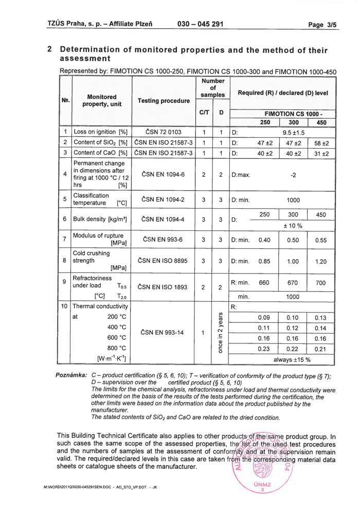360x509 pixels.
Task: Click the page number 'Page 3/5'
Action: [322, 24]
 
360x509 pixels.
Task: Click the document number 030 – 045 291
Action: [200, 24]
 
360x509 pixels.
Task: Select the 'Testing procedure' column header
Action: [164, 101]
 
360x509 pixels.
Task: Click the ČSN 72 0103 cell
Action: [164, 132]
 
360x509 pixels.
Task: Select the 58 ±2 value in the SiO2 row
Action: [321, 142]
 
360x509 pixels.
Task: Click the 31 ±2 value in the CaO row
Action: [321, 153]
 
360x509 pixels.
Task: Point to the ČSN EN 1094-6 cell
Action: [164, 175]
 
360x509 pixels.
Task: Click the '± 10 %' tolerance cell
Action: [293, 226]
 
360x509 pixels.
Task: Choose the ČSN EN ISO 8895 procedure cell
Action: [164, 261]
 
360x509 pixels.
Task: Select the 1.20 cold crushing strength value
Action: [321, 261]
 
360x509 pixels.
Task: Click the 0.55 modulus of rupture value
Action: [321, 240]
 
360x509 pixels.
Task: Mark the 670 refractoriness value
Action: [293, 283]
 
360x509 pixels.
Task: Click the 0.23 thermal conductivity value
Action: [264, 349]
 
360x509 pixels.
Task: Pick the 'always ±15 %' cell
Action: [292, 359]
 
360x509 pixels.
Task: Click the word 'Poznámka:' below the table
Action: [71, 376]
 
